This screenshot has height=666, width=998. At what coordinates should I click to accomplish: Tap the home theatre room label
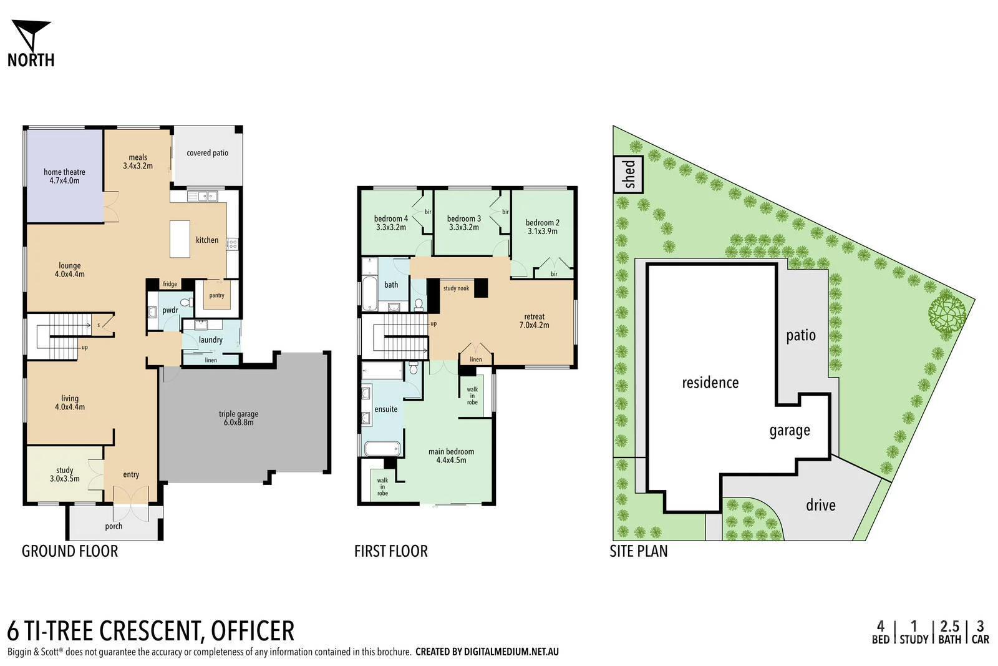click(x=64, y=176)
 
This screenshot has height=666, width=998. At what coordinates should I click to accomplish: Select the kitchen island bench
click(x=180, y=238)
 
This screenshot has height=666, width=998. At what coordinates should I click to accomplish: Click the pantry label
click(x=216, y=295)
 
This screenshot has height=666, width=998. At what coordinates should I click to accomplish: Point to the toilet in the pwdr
click(x=185, y=303)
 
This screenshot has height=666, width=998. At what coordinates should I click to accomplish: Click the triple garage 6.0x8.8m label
click(x=238, y=418)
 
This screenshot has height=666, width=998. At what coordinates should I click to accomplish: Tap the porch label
click(x=114, y=526)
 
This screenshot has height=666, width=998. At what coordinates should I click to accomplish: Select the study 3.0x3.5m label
click(x=65, y=474)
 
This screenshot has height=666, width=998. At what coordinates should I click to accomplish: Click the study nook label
click(x=456, y=288)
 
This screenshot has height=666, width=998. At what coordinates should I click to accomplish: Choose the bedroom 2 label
click(x=542, y=227)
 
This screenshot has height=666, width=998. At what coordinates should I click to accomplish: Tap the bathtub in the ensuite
click(x=381, y=448)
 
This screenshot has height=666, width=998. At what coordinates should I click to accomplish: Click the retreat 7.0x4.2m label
click(x=534, y=321)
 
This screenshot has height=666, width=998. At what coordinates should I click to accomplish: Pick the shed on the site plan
click(x=629, y=175)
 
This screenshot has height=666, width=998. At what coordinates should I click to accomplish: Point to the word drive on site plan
click(x=820, y=505)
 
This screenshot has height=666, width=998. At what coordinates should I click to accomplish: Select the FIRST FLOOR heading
click(x=390, y=551)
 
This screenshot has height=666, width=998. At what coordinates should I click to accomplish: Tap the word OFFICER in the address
click(x=253, y=631)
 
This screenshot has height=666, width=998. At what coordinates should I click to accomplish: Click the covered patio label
click(x=207, y=153)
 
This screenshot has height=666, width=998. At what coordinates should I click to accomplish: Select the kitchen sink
click(x=203, y=197)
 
